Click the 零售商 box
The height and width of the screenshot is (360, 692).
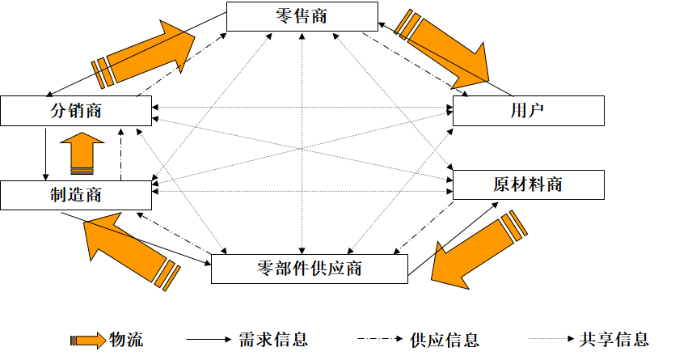pos(302,16)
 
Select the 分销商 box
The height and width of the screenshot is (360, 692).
pos(75,111)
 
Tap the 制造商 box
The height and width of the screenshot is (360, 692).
pos(75,195)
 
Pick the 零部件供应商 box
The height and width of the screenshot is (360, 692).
pos(309,269)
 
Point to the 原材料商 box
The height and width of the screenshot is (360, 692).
pos(528,184)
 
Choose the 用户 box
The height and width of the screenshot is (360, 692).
pos(528,111)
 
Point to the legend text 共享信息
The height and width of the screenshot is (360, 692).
pos(614,339)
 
